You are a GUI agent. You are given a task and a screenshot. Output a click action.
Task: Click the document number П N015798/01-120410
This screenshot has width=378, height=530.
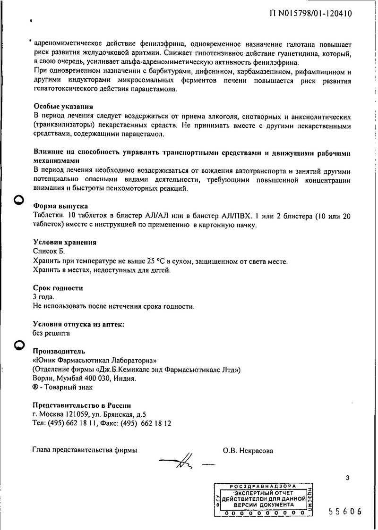point(310,14)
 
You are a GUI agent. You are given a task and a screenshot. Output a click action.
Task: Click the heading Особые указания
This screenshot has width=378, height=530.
point(63,107)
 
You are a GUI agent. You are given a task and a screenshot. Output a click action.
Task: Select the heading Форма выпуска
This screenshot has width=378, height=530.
point(60,206)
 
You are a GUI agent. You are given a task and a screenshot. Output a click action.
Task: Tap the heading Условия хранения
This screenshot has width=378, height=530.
point(65,242)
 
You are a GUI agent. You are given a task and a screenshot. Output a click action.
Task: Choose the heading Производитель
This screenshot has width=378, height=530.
point(59,351)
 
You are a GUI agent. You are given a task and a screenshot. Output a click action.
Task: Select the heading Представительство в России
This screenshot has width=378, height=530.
point(81,405)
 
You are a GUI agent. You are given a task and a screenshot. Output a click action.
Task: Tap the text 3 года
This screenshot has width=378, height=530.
point(43,297)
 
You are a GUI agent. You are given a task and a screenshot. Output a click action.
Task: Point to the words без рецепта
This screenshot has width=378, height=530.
point(52,333)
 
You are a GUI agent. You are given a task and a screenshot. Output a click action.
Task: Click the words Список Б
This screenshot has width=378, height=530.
point(49,252)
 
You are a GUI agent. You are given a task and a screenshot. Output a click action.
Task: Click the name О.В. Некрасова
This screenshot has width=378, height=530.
point(248,450)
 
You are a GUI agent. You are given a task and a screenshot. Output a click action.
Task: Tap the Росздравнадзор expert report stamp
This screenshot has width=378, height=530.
point(262,499)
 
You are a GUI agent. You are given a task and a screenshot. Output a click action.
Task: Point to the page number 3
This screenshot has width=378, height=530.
point(348,478)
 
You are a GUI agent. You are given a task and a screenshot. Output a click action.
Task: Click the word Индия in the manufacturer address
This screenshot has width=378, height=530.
point(125,379)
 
